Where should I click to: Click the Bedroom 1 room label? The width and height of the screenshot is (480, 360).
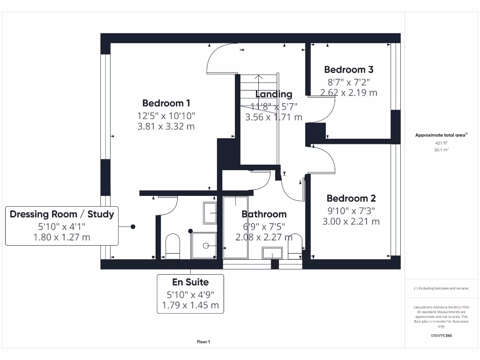[x=166, y=103]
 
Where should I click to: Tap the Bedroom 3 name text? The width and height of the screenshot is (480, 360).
[x=349, y=70]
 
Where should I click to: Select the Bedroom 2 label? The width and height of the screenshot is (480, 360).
[x=351, y=198]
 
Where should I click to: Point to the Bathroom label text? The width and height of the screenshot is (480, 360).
[x=264, y=214]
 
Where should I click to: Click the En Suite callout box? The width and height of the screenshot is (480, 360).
[x=190, y=294]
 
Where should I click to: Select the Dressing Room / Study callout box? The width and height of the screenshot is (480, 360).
[x=61, y=225]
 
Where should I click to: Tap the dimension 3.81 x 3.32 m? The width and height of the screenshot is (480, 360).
[x=166, y=127]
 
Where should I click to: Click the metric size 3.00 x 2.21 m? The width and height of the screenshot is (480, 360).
[x=351, y=222]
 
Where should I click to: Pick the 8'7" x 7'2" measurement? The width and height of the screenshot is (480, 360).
[x=349, y=82]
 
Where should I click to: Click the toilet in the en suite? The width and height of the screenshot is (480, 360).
[x=173, y=247]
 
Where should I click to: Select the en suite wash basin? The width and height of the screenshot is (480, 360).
[x=209, y=214]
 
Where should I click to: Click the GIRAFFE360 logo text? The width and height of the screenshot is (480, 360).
[x=441, y=336]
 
